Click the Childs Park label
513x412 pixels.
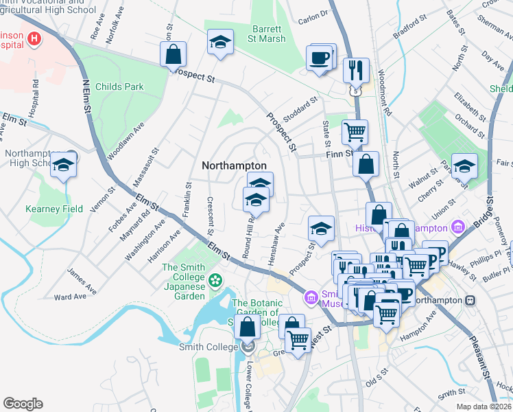click(x=120, y=87)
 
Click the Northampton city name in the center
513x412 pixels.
click(x=234, y=166)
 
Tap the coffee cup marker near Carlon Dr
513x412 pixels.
click(x=319, y=58)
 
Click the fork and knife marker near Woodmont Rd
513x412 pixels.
click(x=356, y=70)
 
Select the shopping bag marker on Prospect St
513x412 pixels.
click(x=174, y=54)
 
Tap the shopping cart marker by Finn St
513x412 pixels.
click(x=355, y=130)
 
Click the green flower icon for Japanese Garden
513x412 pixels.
click(x=215, y=279)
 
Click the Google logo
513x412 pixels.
click(x=23, y=404)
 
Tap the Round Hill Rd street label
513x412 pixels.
click(x=249, y=236)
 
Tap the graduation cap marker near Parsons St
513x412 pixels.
click(x=464, y=166)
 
